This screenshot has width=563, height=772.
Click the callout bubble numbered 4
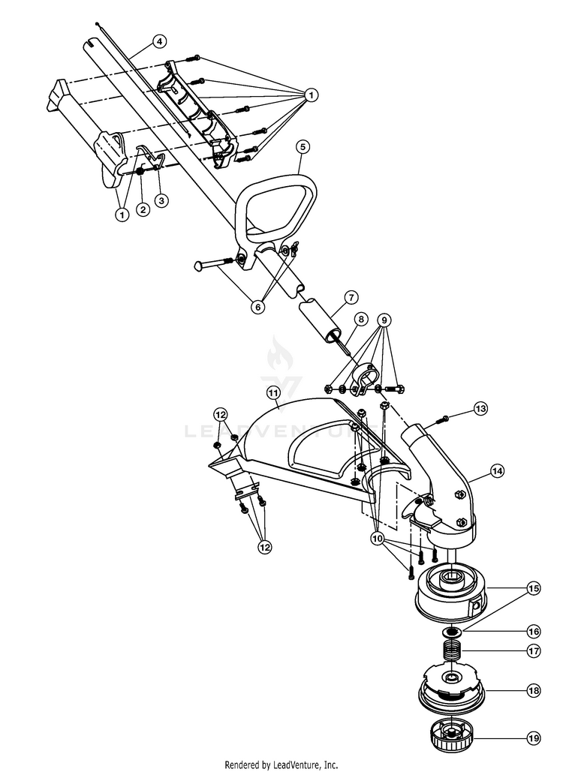(x=159, y=41)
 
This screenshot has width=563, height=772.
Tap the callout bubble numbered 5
(x=303, y=146)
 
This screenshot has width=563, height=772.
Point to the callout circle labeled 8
(x=361, y=319)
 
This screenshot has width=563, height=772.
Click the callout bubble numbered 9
(x=384, y=320)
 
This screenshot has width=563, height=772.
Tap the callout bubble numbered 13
(x=480, y=408)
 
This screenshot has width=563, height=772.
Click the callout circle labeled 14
(x=498, y=470)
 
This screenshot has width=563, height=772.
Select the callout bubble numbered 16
(x=534, y=631)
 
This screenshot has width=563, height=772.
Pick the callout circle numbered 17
(x=534, y=651)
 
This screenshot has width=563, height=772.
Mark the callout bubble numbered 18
(x=534, y=691)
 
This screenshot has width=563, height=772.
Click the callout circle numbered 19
(x=534, y=738)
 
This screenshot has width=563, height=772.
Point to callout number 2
(x=143, y=210)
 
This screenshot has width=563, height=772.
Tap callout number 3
(x=161, y=200)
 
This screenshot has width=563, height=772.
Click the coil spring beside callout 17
(x=451, y=653)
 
